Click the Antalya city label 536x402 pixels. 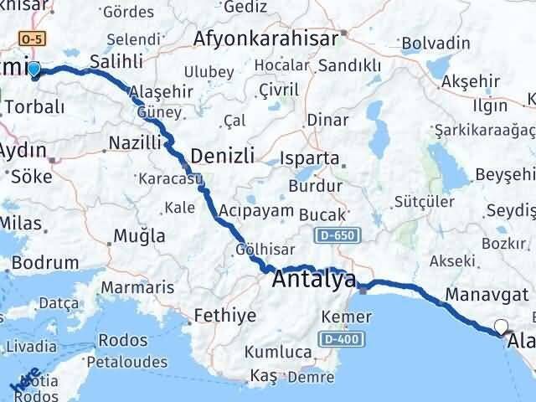click(314, 279)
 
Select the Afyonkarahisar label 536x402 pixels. click(265, 38)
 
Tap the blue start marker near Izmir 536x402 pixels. click(33, 70)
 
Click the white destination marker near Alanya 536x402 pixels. click(502, 327)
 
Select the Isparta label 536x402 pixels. click(312, 158)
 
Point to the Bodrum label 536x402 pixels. click(45, 262)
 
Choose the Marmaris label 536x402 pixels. click(146, 287)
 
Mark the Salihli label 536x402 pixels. click(116, 61)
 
